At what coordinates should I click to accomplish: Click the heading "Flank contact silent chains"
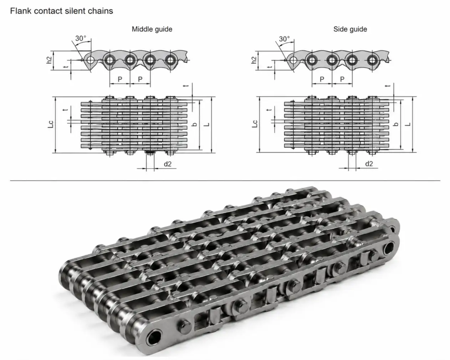(x=61, y=11)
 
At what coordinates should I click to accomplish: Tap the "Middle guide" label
(x=152, y=29)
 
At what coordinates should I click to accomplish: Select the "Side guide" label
(x=350, y=29)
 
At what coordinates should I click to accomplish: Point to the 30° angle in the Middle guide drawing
(x=81, y=38)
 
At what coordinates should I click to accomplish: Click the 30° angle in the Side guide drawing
(x=285, y=39)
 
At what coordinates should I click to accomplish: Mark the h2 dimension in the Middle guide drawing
(x=49, y=60)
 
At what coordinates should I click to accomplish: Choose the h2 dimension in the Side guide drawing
(x=254, y=60)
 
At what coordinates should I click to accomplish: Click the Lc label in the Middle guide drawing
(x=51, y=124)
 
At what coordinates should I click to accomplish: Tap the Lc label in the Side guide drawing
(x=255, y=124)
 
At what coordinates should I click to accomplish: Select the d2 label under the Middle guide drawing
(x=168, y=164)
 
